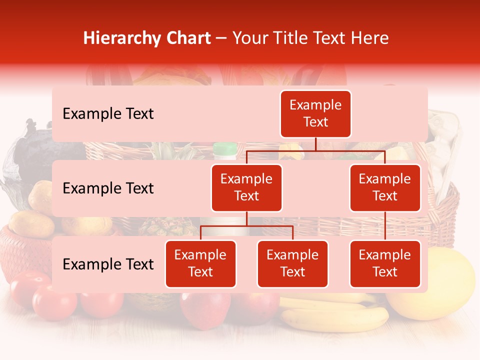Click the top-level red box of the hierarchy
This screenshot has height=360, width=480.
click(315, 114)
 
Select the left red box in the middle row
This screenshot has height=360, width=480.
click(246, 187)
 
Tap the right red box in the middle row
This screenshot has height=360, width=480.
click(385, 187)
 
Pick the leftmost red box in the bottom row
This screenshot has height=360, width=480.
click(200, 263)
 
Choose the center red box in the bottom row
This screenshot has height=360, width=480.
click(292, 263)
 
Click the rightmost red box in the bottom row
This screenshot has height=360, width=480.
click(385, 263)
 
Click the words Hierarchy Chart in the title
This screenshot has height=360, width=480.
click(147, 38)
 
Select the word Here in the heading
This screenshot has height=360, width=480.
click(370, 38)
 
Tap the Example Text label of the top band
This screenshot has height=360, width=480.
click(108, 114)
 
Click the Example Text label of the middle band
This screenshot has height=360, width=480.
click(108, 188)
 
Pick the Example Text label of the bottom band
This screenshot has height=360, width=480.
click(108, 264)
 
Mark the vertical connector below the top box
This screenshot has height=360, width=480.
click(315, 144)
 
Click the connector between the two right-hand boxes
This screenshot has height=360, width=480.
click(385, 226)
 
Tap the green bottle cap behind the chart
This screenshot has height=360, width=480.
click(225, 148)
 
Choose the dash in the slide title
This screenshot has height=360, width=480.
click(221, 38)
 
